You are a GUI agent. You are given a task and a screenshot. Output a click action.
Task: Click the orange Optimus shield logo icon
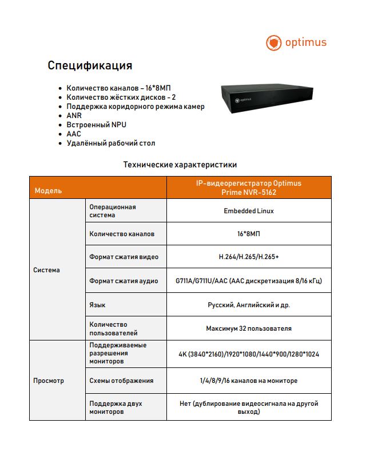pos(274,42)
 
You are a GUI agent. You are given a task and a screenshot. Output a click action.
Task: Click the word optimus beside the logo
pos(306,42)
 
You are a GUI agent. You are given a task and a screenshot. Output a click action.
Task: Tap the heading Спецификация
pos(90,65)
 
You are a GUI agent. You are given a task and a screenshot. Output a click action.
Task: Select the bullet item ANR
pos(74,115)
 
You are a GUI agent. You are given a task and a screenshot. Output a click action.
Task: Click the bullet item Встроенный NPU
pos(96,124)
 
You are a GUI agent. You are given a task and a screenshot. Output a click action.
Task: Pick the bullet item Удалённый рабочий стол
pos(110,143)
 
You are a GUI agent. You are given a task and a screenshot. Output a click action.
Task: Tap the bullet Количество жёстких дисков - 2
pos(121,97)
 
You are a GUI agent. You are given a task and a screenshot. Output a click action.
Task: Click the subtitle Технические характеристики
pos(180,165)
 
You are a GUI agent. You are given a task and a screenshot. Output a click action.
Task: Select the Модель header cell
pos(48,190)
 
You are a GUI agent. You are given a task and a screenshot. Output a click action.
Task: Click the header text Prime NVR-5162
pos(248,193)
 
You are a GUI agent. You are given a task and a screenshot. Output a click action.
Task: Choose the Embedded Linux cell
pos(248,211)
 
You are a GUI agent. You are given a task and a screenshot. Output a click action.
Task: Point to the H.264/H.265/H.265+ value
pos(248,257)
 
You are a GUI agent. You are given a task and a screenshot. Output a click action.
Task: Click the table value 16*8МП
pos(248,234)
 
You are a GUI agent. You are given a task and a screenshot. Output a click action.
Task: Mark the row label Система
pos(46,270)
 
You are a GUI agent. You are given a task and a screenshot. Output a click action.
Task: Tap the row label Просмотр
pos(49,381)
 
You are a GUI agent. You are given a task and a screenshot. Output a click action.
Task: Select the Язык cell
pos(97,305)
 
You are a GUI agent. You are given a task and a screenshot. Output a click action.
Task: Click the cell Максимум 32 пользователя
pos(248,328)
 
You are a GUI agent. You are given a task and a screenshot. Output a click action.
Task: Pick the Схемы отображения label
pos(121,381)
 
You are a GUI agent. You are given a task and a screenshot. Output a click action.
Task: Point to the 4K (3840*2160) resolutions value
pos(248,354)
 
